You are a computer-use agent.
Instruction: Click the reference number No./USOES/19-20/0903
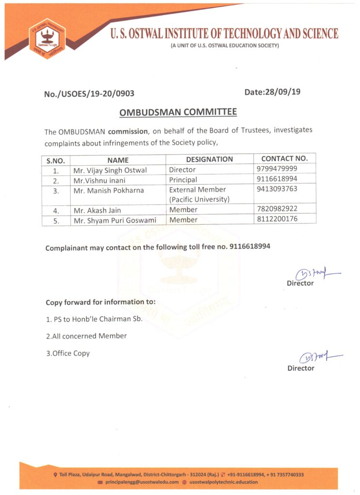point(89,94)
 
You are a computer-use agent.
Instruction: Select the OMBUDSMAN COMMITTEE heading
point(178,113)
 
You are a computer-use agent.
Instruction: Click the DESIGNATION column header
point(209,159)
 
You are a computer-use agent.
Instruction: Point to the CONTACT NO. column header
point(284,159)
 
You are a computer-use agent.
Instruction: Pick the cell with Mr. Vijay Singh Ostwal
point(110,170)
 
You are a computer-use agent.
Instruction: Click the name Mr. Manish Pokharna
point(108,190)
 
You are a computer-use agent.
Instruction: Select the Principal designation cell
point(183,180)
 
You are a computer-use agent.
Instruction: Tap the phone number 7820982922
point(277,209)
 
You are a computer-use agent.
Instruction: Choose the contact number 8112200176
point(277,219)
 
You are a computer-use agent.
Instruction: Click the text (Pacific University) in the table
point(199,199)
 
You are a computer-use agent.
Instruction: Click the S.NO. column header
point(56,160)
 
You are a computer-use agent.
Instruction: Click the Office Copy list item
point(68,353)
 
